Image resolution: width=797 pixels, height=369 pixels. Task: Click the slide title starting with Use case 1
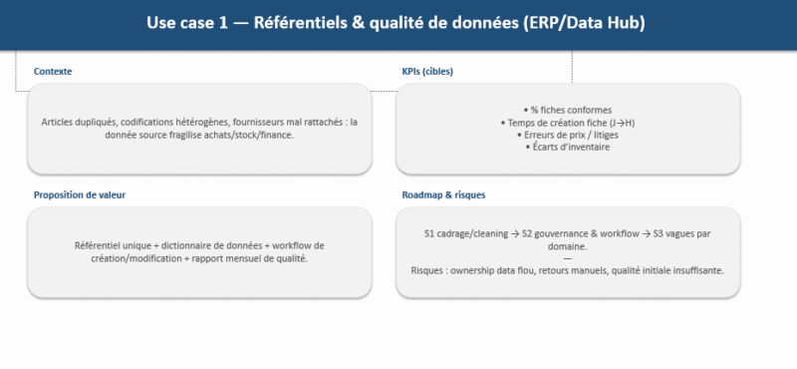point(395,23)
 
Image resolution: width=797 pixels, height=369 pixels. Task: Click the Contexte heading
point(53,72)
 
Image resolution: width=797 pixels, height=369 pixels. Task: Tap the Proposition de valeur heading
point(80,195)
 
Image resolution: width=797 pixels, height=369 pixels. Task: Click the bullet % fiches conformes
point(568,110)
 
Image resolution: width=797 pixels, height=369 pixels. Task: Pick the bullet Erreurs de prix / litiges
point(567,135)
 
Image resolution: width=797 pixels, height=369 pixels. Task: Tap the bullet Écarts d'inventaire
point(567,147)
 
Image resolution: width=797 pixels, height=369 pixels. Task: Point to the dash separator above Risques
point(567,258)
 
